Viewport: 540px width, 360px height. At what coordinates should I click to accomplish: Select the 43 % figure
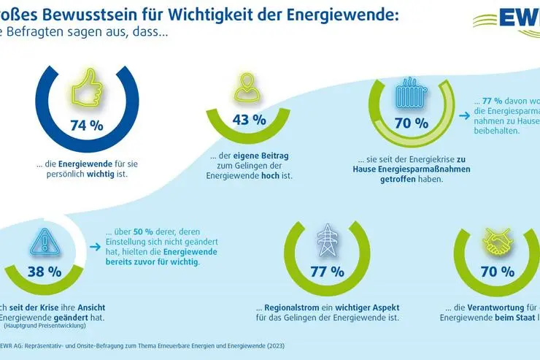pos(249,120)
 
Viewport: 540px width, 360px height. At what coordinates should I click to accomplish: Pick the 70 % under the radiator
pos(411,123)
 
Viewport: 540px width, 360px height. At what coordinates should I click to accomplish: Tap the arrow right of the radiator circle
pos(464,115)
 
